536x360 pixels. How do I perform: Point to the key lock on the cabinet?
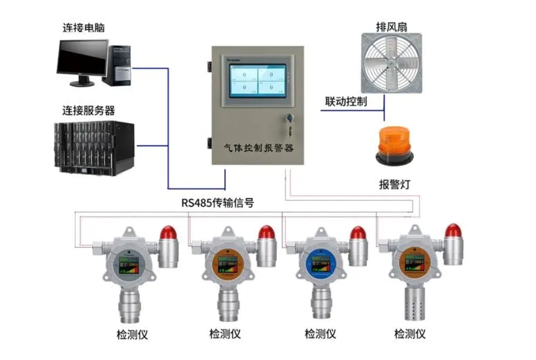tap(288, 119)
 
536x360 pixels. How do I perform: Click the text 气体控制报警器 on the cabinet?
tap(259, 149)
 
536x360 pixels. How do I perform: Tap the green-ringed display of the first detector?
tap(130, 266)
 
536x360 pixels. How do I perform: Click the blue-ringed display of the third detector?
tap(319, 266)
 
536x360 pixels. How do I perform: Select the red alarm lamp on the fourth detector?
tap(454, 231)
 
